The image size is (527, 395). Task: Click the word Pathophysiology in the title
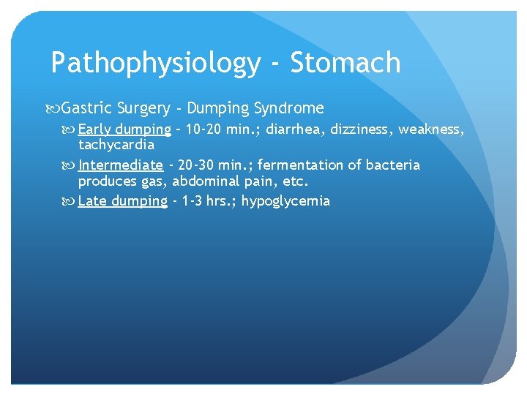(x=155, y=64)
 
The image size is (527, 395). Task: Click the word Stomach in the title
(x=345, y=64)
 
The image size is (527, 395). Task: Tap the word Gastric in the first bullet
(x=86, y=109)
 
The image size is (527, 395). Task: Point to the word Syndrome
(x=288, y=109)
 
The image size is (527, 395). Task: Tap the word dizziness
(x=360, y=130)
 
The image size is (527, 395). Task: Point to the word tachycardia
(x=116, y=144)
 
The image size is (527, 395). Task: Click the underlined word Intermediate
(x=120, y=165)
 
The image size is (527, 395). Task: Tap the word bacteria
(x=394, y=165)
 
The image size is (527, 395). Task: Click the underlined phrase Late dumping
(x=122, y=201)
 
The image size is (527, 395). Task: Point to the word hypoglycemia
(x=286, y=201)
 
